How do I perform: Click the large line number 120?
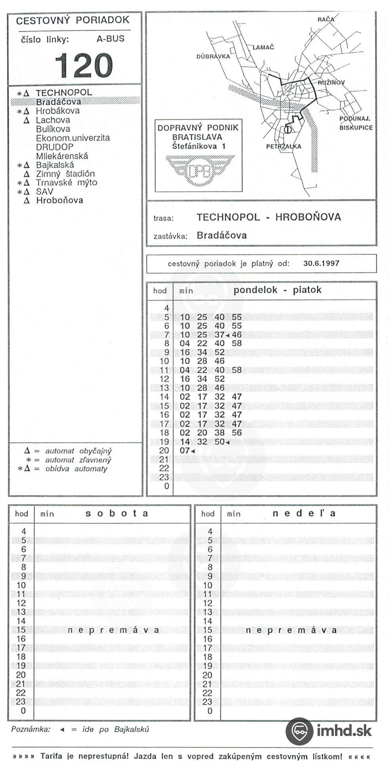click(x=84, y=66)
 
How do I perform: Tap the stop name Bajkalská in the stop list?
click(x=55, y=165)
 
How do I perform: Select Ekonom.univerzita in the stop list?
click(x=73, y=138)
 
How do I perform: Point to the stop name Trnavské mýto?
click(x=66, y=183)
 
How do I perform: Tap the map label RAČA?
click(x=325, y=19)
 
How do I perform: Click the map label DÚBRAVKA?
click(x=213, y=56)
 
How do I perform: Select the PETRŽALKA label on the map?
click(x=283, y=146)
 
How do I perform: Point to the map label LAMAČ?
click(x=263, y=47)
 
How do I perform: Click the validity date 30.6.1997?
click(x=321, y=263)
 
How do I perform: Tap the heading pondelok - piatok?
click(x=277, y=290)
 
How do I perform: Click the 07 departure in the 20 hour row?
click(x=185, y=451)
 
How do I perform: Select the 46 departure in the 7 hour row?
click(x=237, y=335)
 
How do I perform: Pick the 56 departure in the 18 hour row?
click(x=237, y=433)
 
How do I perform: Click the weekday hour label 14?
click(x=164, y=397)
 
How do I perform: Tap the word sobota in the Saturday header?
click(x=117, y=513)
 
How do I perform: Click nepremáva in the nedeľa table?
click(x=291, y=630)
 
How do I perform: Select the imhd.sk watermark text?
click(x=344, y=730)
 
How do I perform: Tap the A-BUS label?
click(x=110, y=39)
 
